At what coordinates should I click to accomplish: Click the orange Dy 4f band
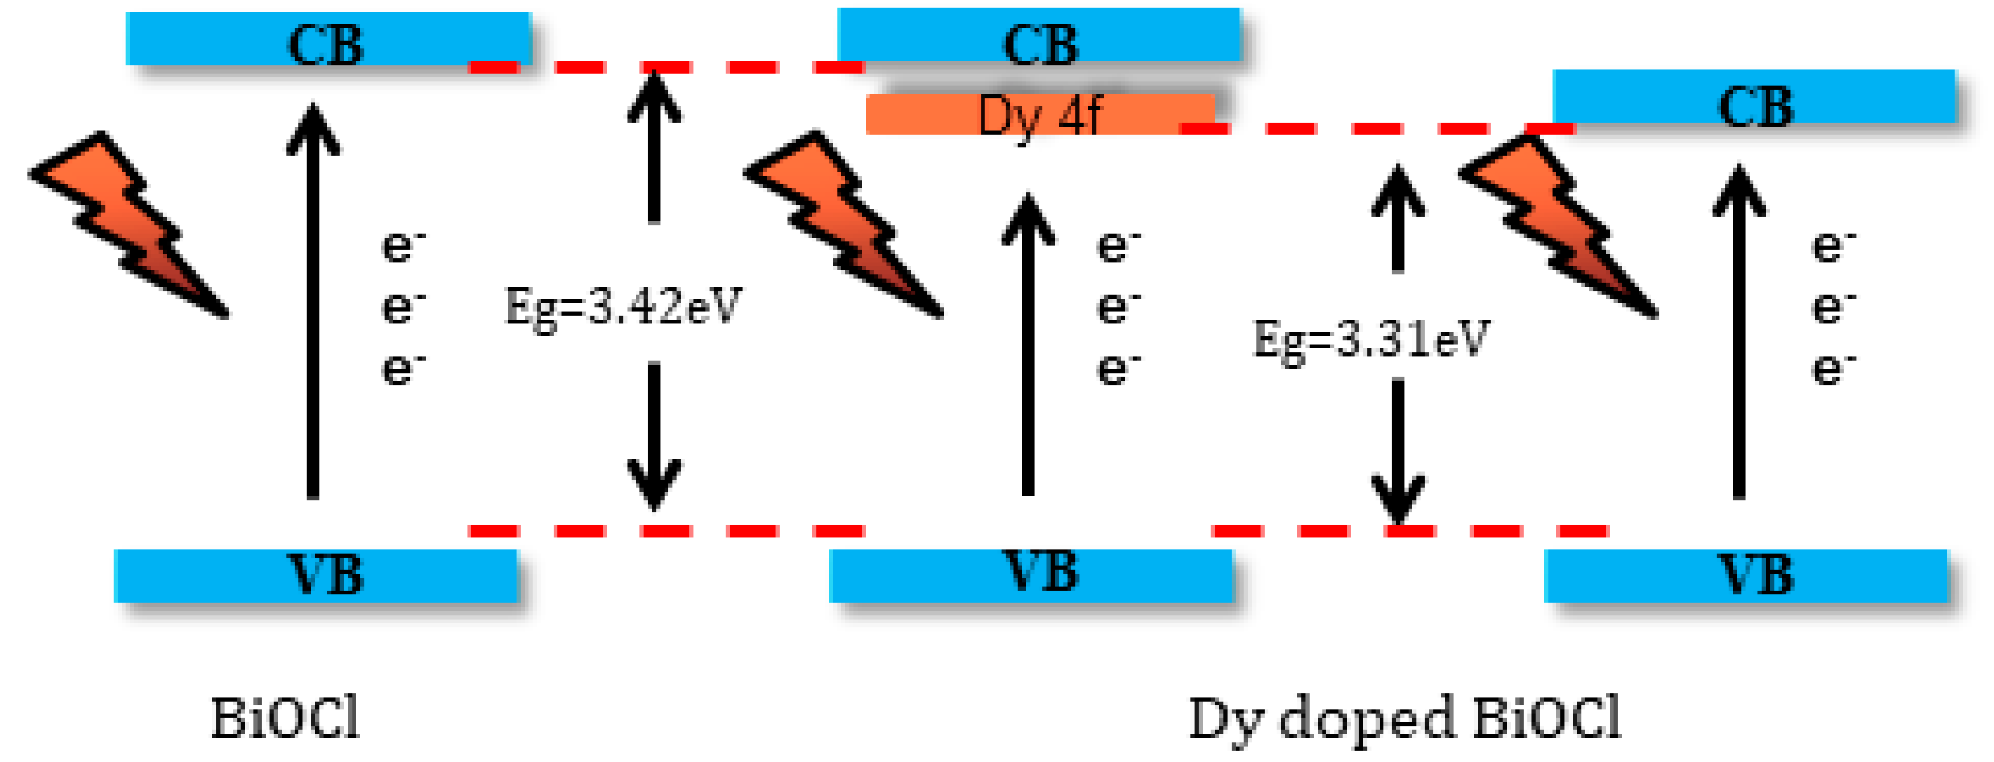[x=1039, y=114]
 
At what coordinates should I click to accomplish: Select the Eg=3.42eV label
[x=623, y=307]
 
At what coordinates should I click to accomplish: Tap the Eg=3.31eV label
[x=1371, y=339]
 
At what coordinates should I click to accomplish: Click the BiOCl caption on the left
[x=286, y=718]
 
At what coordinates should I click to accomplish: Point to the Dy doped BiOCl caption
[x=1404, y=718]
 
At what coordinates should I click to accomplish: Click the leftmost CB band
[x=328, y=39]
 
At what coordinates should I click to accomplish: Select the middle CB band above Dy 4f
[x=1039, y=36]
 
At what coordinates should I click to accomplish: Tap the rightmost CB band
[x=1754, y=98]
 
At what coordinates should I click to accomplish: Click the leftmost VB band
[x=316, y=575]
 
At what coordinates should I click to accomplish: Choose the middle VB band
[x=1030, y=575]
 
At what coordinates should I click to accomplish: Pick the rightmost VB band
[x=1746, y=575]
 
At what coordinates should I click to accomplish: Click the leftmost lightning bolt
[x=128, y=225]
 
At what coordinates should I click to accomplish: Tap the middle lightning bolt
[x=844, y=225]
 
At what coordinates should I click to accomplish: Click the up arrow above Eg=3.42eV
[x=654, y=147]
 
